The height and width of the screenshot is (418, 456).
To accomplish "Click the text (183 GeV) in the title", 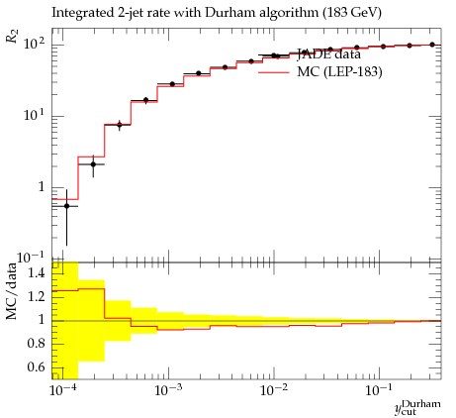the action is point(352,13).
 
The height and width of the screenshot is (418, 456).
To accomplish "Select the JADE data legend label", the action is point(329,53).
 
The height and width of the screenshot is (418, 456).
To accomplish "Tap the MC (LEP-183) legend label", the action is point(339,71).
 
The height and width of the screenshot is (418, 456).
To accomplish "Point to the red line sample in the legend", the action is point(274,71).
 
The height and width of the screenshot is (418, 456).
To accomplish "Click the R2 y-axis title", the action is point(12,36).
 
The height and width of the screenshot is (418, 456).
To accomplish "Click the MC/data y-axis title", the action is point(11,291).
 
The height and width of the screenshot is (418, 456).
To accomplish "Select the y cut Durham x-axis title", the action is point(417,407).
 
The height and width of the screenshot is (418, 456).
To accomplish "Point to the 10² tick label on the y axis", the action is point(34,44).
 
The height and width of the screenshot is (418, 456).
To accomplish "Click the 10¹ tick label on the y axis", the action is point(34,115).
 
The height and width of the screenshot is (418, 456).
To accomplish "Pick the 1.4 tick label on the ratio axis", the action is point(36,273).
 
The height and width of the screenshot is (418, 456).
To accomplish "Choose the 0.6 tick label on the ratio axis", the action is point(36,366).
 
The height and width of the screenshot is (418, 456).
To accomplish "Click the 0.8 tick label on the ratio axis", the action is point(36,344).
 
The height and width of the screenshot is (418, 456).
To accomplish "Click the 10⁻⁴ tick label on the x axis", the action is point(63,390).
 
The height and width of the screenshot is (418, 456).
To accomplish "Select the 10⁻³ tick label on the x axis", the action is point(168,390).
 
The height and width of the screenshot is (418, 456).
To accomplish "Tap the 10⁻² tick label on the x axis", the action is point(274,390).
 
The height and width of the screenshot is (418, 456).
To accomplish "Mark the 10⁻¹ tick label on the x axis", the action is point(379,390).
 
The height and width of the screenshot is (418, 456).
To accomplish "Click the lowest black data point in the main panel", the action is point(66,206).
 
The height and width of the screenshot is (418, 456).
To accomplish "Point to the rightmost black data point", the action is point(432,45).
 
